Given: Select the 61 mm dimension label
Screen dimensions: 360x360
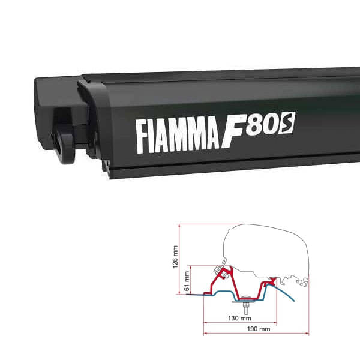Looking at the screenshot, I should [x=187, y=278].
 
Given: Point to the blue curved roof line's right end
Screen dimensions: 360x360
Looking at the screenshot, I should [x=294, y=299].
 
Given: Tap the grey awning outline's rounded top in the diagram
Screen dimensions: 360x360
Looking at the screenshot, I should [x=264, y=227].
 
